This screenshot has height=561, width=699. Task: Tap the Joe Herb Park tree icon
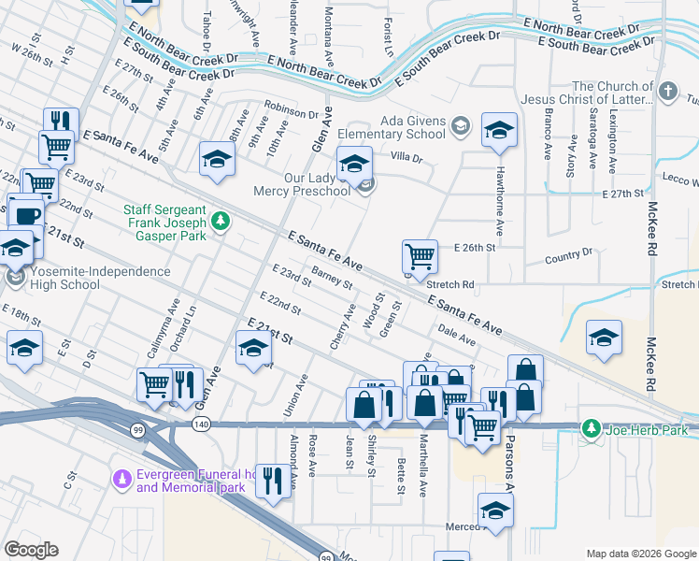[591, 429]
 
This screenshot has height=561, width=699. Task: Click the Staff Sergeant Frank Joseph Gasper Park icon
[221, 222]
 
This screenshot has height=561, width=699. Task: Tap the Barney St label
[332, 277]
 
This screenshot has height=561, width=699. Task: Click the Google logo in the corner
[31, 550]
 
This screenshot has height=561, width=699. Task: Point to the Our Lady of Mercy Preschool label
[318, 184]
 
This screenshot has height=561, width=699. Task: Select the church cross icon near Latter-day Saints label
[667, 92]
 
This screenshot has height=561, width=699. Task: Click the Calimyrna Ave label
[173, 324]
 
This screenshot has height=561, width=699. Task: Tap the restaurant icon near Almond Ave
[272, 481]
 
